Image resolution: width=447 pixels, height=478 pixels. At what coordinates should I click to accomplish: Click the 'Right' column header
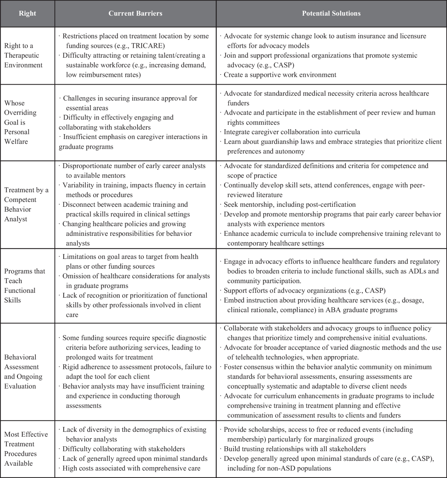point(28,13)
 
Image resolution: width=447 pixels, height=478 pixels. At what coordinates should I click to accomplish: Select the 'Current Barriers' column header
point(135,13)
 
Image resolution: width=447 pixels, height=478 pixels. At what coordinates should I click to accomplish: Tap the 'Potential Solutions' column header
point(331,13)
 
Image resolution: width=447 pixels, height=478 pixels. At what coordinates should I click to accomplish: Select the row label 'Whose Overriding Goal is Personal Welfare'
point(21,122)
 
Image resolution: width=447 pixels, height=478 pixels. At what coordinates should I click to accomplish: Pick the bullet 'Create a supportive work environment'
point(280,75)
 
